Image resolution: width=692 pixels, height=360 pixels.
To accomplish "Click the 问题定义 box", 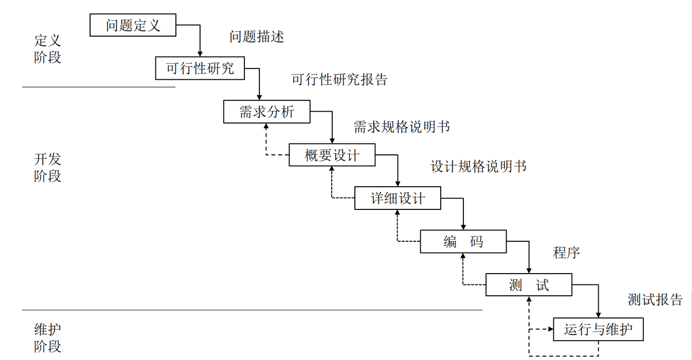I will coord(133,25).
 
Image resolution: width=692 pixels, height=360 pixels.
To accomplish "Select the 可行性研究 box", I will coord(200,69).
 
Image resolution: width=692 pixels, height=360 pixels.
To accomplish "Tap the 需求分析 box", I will coord(266,112).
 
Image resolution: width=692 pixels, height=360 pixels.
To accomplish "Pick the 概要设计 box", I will coord(332,155).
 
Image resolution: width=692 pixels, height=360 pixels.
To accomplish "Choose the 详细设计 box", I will coord(398,198).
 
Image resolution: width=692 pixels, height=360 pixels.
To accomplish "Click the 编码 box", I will coord(463,241).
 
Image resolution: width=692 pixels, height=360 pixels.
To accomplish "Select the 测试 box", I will coord(529,284).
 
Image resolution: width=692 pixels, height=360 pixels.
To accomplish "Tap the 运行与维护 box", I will coord(598,329).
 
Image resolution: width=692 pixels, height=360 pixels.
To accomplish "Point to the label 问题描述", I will coord(257,37).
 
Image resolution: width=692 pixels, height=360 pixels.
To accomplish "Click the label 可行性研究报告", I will coord(339,80).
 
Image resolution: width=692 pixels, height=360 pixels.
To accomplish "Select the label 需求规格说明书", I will coord(401,127).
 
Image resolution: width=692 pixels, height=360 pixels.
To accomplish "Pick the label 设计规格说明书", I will coord(478,167).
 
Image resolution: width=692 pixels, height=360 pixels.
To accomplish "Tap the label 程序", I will coord(566,252).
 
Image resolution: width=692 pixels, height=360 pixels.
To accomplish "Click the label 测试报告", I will coord(655,300).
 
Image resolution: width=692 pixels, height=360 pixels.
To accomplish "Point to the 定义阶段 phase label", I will coord(47,49).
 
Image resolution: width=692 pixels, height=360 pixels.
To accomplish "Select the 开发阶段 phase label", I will coord(47,167).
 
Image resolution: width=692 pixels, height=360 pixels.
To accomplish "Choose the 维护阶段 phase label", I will coord(47,337).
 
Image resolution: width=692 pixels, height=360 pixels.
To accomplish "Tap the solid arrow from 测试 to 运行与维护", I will coord(598,300).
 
